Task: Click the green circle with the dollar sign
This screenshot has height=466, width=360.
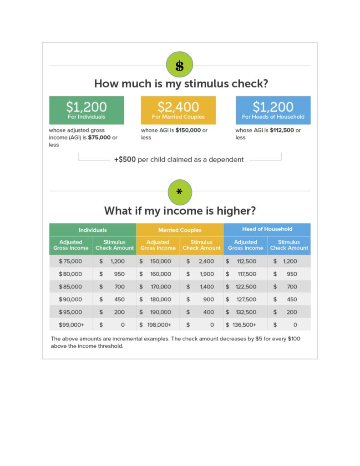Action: point(179,65)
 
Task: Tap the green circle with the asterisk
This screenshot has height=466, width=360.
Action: point(179,192)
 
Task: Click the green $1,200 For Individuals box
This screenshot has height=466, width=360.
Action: point(86,110)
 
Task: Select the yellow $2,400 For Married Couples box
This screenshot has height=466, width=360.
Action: point(178,110)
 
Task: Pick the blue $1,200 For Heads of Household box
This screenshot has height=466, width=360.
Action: point(273,110)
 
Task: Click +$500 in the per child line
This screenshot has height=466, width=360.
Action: point(125,160)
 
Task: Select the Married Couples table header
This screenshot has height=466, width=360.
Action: point(180,230)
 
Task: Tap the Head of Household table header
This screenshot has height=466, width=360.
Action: point(267,229)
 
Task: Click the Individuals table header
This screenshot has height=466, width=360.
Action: point(92,230)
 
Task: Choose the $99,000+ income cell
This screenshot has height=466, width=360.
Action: point(71,325)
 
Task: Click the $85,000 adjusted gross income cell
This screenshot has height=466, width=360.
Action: point(71,287)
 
